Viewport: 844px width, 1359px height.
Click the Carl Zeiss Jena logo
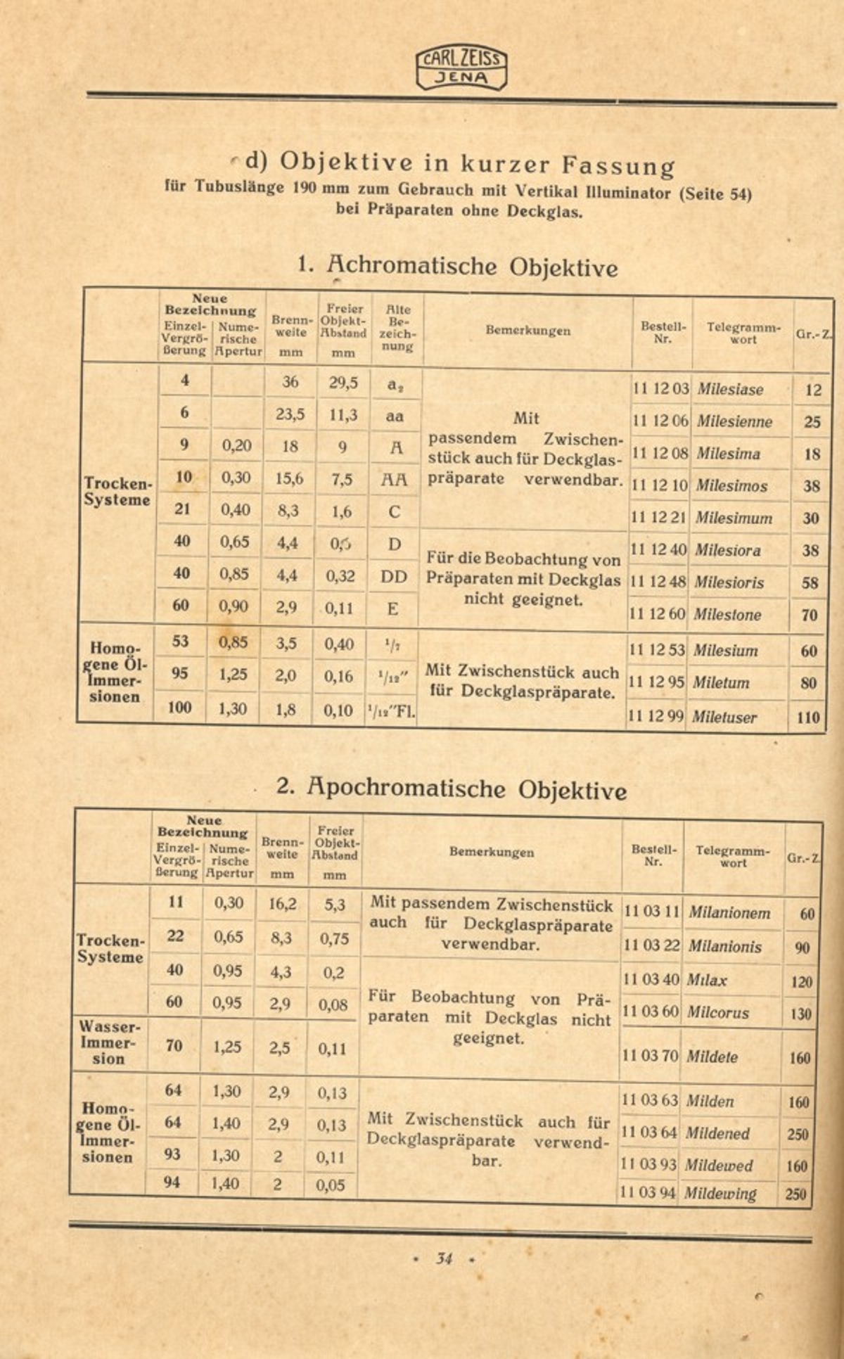pyautogui.click(x=461, y=68)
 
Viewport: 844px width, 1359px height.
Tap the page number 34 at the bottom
pyautogui.click(x=444, y=1258)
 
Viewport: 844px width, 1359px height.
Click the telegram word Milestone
pyautogui.click(x=727, y=614)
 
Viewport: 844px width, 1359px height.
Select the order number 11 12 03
pyautogui.click(x=660, y=389)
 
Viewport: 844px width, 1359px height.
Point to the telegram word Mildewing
pyautogui.click(x=720, y=1193)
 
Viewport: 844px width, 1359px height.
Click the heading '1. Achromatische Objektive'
pyautogui.click(x=458, y=267)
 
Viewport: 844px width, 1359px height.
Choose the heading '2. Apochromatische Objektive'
pyautogui.click(x=452, y=788)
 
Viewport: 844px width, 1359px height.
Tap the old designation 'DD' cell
pyautogui.click(x=394, y=577)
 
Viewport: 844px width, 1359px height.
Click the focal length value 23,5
pyautogui.click(x=290, y=414)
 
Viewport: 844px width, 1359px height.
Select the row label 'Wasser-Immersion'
pyautogui.click(x=109, y=1043)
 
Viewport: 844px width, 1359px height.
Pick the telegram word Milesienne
pyautogui.click(x=734, y=421)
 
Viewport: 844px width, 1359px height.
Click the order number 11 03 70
pyautogui.click(x=650, y=1055)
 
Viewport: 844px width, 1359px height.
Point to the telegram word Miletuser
pyautogui.click(x=724, y=717)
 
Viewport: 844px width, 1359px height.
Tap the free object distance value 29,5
pyautogui.click(x=343, y=382)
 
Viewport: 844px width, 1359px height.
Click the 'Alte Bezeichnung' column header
pyautogui.click(x=397, y=327)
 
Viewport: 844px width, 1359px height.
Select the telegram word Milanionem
pyautogui.click(x=729, y=912)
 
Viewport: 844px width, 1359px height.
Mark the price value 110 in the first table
pyautogui.click(x=809, y=717)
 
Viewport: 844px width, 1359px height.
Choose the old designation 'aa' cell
pyautogui.click(x=395, y=416)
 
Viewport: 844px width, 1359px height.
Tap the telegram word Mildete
pyautogui.click(x=712, y=1056)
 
